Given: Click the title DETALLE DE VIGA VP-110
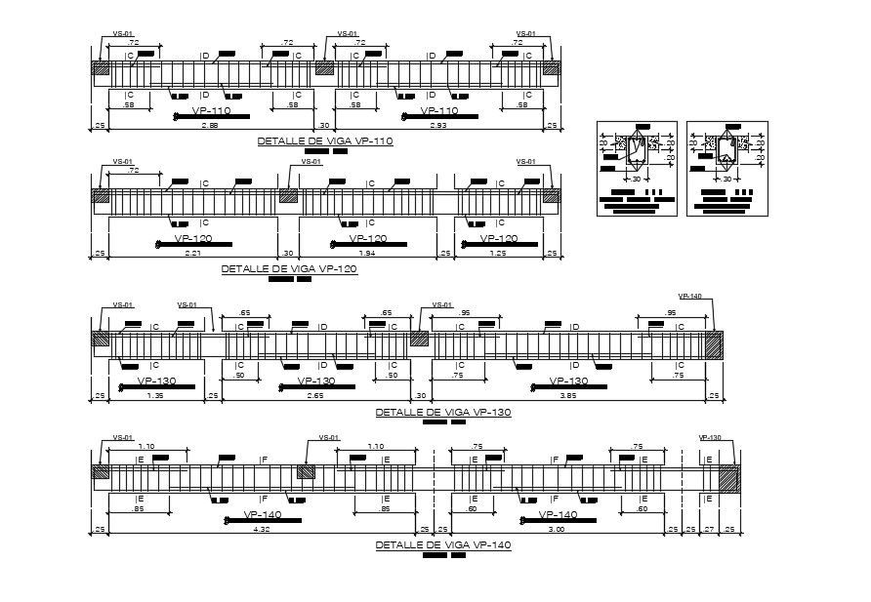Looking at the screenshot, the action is click(x=324, y=141).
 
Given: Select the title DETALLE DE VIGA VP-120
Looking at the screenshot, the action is click(x=289, y=268).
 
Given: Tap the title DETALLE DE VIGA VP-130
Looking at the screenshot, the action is click(x=442, y=412).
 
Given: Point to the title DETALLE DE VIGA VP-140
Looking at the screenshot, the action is click(x=442, y=544).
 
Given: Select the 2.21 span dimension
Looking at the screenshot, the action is click(x=193, y=253).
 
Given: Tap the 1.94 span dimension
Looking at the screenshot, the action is click(x=365, y=253).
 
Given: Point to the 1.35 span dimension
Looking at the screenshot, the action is click(x=154, y=396).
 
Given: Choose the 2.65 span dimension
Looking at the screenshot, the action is click(x=314, y=396).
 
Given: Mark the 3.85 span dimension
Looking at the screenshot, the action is click(x=568, y=396).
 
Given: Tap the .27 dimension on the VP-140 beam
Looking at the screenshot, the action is click(x=709, y=530).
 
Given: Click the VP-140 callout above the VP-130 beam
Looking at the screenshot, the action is click(x=689, y=296).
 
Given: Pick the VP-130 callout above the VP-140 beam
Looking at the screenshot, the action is click(x=709, y=438).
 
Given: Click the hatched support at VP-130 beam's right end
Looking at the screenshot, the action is click(x=714, y=345).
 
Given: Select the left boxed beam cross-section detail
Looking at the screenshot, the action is click(x=637, y=168).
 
